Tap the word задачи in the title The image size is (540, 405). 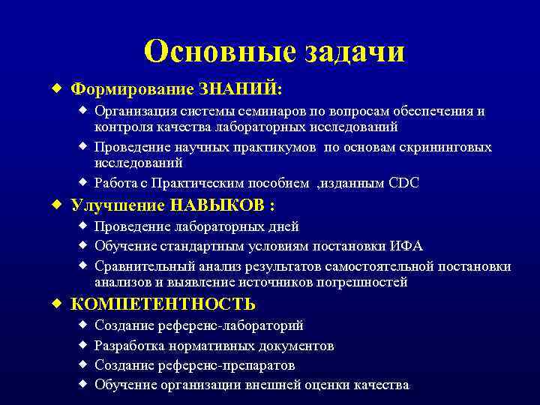pos(354,52)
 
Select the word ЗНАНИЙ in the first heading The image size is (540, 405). pos(238,88)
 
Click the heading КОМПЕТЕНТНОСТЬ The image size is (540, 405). pos(163,304)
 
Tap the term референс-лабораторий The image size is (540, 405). pos(235,326)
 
